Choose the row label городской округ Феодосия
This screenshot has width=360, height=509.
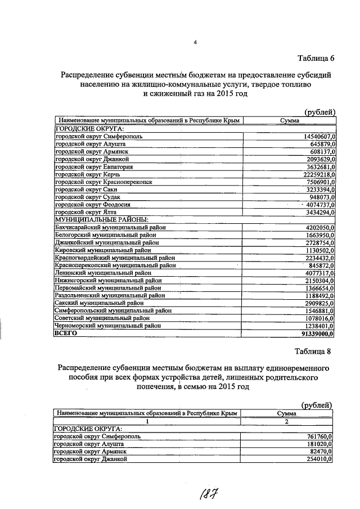coord(88,205)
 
